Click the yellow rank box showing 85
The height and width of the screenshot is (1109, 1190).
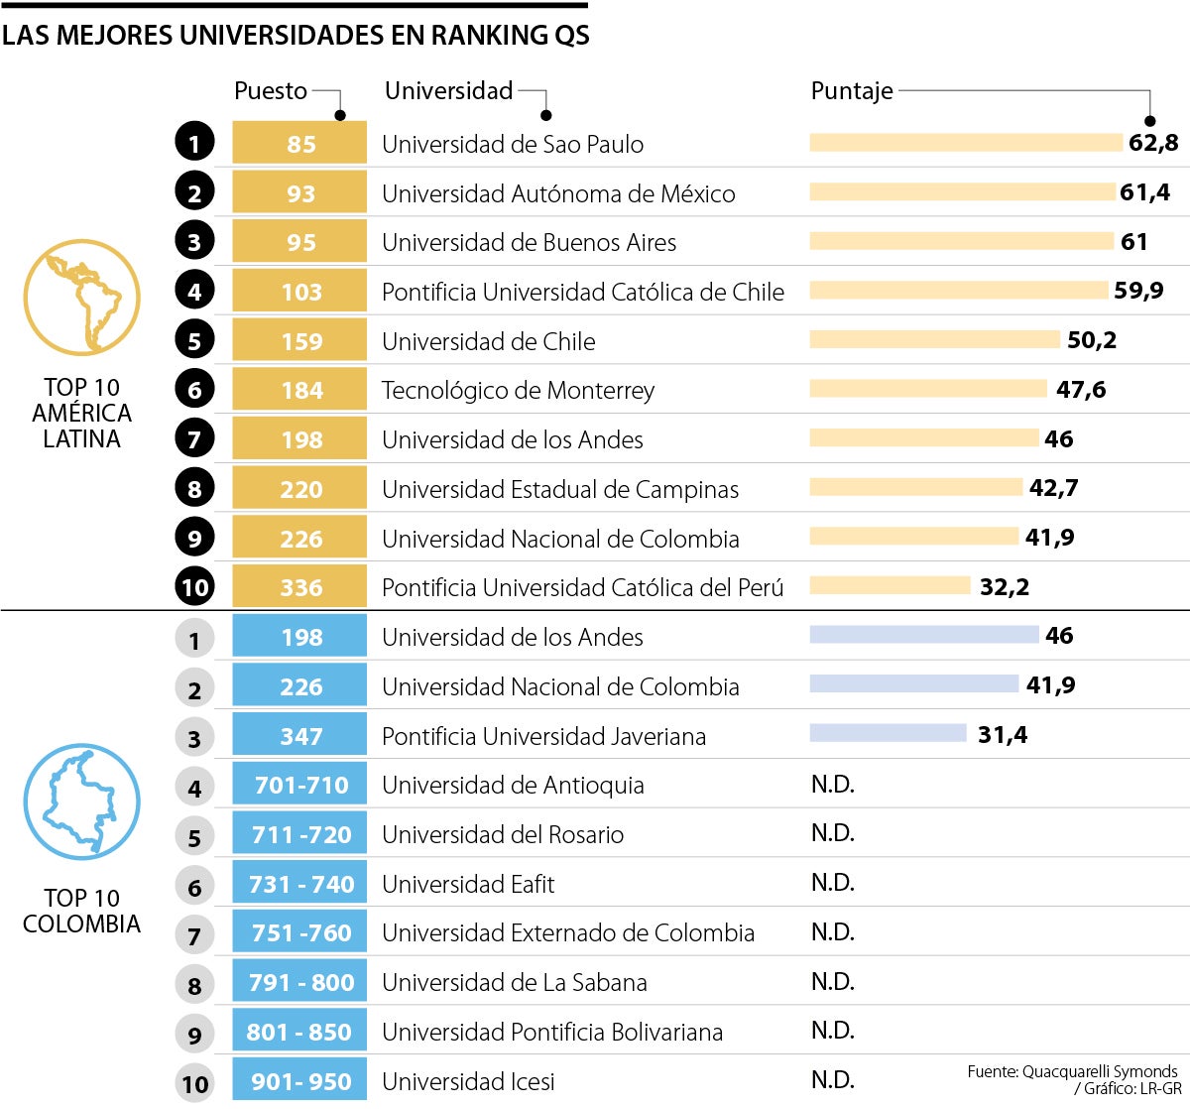[299, 143]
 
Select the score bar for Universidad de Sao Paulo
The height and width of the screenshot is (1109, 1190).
[965, 143]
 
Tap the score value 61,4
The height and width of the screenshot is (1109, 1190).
[1144, 192]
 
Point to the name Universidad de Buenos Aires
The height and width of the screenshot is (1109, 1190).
[529, 242]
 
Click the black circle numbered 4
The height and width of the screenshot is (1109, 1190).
[194, 292]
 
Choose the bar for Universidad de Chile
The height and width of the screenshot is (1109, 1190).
[934, 339]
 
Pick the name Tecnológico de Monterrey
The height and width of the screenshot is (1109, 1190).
[518, 390]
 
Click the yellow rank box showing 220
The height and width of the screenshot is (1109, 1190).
[299, 488]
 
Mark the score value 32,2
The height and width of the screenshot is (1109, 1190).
[1004, 587]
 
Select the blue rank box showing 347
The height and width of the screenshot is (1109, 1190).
[299, 735]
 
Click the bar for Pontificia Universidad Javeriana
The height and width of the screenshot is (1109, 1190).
[888, 733]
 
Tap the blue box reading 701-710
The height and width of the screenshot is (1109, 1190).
[299, 785]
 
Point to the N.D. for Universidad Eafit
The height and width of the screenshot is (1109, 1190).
[832, 883]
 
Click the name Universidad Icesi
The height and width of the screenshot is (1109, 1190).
[468, 1081]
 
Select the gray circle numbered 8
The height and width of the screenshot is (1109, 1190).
[194, 984]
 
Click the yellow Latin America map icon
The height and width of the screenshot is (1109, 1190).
[81, 298]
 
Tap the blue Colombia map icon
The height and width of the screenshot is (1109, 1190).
[81, 801]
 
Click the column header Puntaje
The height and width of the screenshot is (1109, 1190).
[851, 91]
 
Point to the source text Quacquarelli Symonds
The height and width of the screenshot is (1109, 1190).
[1100, 1071]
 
